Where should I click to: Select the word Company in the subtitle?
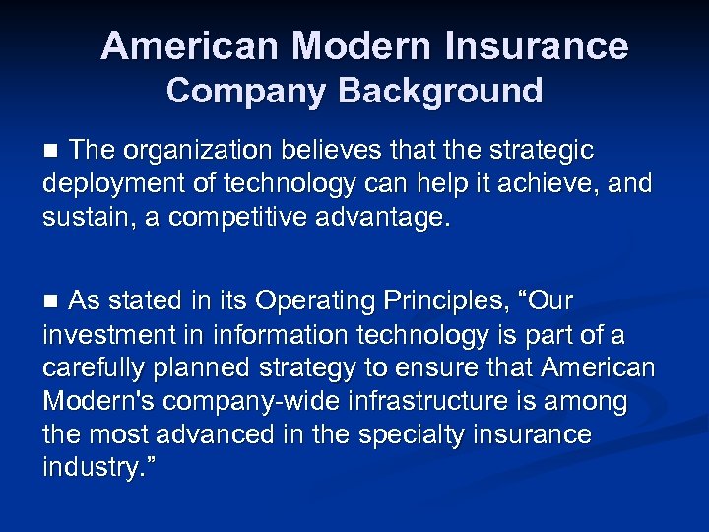(248, 91)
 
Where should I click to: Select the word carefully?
(93, 367)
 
